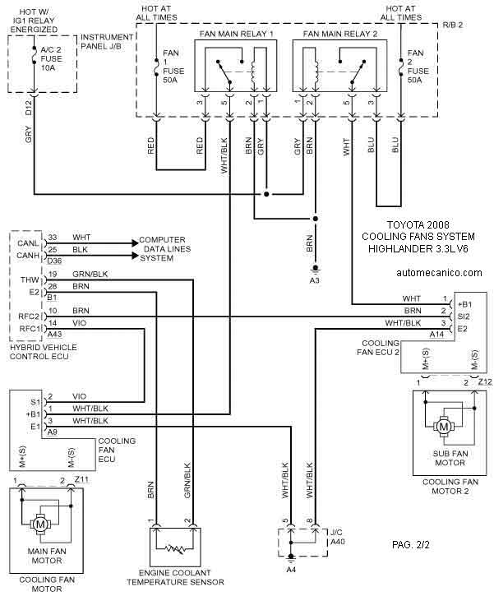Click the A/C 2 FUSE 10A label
[x=51, y=59]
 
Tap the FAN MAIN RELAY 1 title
[x=237, y=34]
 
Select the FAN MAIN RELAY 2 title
[x=340, y=34]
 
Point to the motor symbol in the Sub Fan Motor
[x=444, y=427]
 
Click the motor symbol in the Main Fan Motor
[x=40, y=524]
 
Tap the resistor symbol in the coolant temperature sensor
[x=175, y=548]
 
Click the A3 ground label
[x=314, y=280]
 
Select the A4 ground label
[x=291, y=570]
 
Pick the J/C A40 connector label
[x=338, y=537]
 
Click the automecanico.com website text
[x=439, y=273]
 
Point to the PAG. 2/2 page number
[x=411, y=545]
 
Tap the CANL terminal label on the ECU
[x=28, y=243]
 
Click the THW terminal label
[x=30, y=280]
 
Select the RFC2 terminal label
[x=29, y=316]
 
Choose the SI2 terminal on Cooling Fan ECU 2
[x=464, y=316]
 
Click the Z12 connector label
[x=485, y=381]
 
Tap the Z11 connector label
[x=81, y=479]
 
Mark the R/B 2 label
[x=453, y=25]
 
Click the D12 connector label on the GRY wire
[x=29, y=108]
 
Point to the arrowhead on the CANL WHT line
[x=135, y=243]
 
